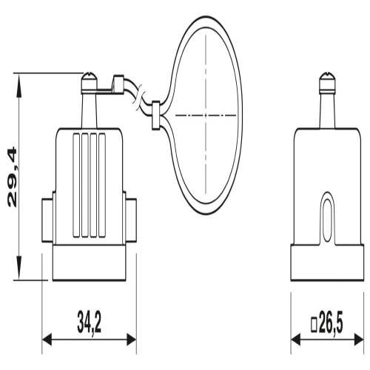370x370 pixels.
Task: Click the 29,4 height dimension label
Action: tap(13, 177)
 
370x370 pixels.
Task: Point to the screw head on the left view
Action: tap(89, 82)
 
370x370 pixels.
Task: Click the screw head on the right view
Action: tap(328, 82)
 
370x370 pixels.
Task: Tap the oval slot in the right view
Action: tap(328, 218)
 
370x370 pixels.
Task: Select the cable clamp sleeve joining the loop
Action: tap(155, 115)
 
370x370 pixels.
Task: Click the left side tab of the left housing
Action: tap(47, 220)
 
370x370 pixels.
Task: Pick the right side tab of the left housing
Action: tap(131, 220)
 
